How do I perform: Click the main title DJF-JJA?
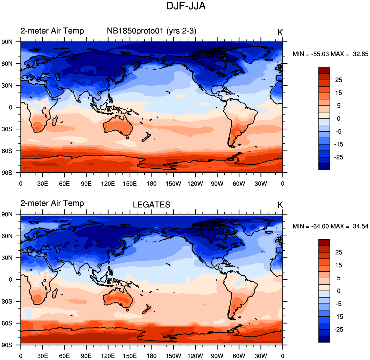[x=186, y=6]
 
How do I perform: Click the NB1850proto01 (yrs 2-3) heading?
[x=151, y=31]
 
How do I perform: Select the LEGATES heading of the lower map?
[x=151, y=205]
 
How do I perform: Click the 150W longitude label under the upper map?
[x=173, y=183]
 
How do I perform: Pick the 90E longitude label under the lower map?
[x=86, y=356]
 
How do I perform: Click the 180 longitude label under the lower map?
[x=152, y=356]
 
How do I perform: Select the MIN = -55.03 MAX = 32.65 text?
[x=330, y=54]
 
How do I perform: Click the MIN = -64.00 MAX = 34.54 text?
[x=330, y=226]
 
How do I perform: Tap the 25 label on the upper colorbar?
[x=339, y=80]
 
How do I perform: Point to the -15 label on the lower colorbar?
[x=339, y=317]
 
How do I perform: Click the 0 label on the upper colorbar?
[x=339, y=119]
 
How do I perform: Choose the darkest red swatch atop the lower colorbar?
[x=324, y=243]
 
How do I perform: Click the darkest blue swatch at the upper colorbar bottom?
[x=324, y=167]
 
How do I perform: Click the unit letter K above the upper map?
[x=280, y=32]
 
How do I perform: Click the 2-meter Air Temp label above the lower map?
[x=52, y=203]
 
